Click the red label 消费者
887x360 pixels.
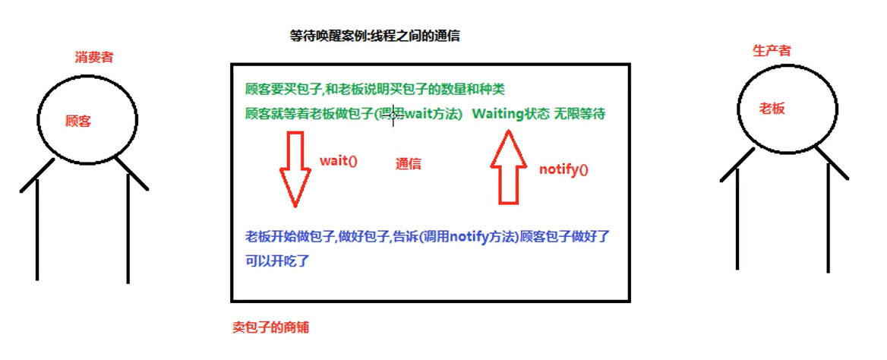(94, 56)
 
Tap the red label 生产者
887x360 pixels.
(772, 51)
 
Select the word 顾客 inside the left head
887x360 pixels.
(78, 121)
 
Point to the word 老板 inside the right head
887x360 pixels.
(772, 108)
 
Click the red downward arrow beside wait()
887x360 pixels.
(295, 169)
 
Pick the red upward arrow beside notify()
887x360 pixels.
(509, 167)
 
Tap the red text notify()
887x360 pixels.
(563, 169)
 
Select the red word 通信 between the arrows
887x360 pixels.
(409, 163)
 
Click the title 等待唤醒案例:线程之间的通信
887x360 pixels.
(375, 35)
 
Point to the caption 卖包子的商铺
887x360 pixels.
(270, 327)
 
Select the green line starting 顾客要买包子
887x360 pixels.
(374, 89)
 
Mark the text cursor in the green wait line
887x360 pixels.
(393, 115)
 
